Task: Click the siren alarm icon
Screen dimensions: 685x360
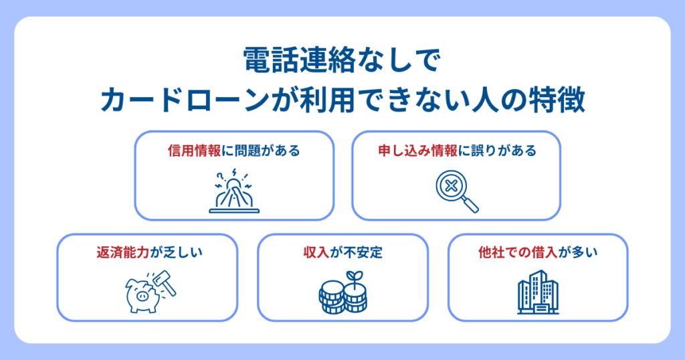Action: tap(234, 191)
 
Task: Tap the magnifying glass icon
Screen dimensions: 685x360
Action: tap(457, 191)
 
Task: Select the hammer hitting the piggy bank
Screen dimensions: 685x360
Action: tap(165, 283)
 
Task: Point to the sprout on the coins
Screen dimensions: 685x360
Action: tap(355, 278)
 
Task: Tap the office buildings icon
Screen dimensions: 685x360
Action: tap(538, 292)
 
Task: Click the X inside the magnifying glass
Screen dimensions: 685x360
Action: tap(452, 186)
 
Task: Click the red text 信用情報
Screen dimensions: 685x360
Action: tap(195, 151)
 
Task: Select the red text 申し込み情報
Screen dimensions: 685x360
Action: tap(417, 151)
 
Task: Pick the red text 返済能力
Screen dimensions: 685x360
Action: tap(123, 252)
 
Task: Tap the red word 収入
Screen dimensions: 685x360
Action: tap(316, 252)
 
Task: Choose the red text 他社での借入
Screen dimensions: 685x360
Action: tap(518, 252)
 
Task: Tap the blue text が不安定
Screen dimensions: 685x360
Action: tap(356, 252)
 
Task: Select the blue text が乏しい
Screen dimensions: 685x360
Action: tap(176, 252)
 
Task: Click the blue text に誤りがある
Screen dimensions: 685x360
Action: tap(497, 151)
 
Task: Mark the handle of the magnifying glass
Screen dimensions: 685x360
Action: tap(470, 204)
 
